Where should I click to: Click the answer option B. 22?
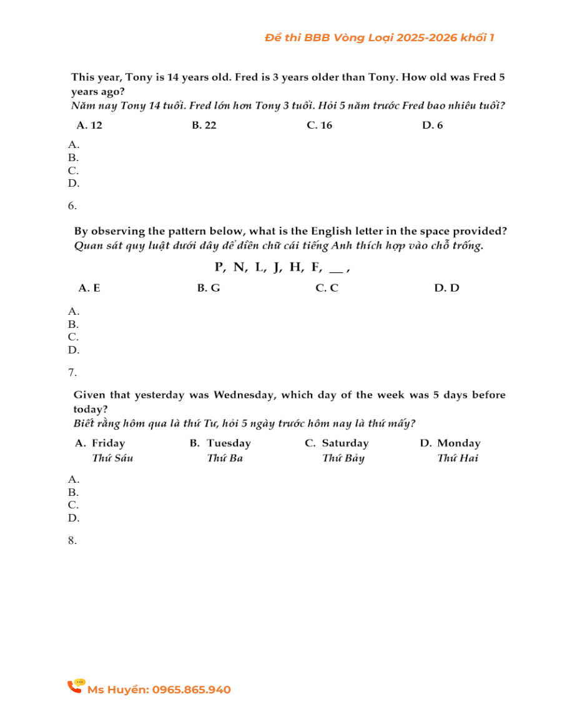point(204,125)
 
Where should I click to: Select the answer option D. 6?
point(432,125)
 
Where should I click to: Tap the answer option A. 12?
point(89,125)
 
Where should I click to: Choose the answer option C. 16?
point(319,125)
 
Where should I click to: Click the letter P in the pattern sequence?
point(220,267)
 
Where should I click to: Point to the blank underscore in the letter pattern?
point(335,269)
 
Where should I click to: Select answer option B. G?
point(209,288)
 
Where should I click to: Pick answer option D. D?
point(446,288)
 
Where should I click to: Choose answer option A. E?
point(89,288)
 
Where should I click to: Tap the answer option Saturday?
point(345,443)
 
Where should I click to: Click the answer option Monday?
point(458,443)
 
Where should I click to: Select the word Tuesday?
point(229,443)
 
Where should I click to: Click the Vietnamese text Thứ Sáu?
point(112,458)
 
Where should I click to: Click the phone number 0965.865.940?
point(191,690)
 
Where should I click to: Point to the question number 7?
point(72,372)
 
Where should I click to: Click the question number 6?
point(72,205)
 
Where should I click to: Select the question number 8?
point(72,540)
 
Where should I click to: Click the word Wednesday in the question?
point(245,395)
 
